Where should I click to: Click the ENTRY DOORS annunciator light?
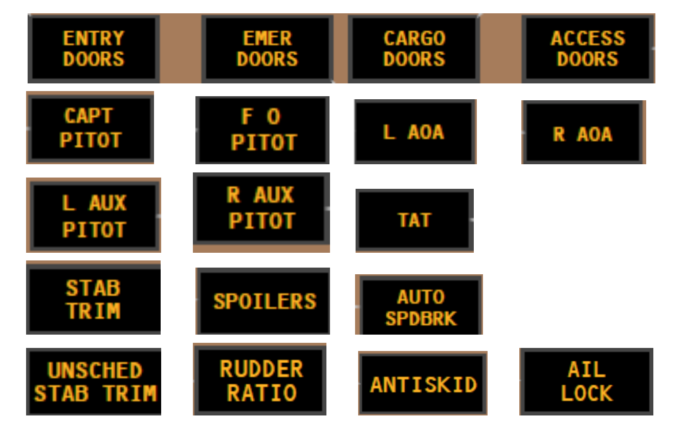tap(94, 49)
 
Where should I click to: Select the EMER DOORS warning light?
tap(267, 49)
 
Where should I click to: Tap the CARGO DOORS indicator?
tap(414, 49)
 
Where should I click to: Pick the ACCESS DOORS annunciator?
tap(587, 49)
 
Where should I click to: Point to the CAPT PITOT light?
tap(90, 128)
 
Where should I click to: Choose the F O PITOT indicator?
tap(262, 130)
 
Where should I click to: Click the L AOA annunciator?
tap(414, 132)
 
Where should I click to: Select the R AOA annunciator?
tap(583, 134)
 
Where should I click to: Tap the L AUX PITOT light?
tap(94, 216)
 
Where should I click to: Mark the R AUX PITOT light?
tap(261, 208)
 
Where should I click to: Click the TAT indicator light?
tap(414, 221)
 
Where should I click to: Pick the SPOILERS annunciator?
tap(264, 301)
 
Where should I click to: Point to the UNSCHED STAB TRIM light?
tap(95, 382)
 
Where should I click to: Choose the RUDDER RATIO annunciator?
tap(261, 380)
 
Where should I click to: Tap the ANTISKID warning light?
tap(423, 384)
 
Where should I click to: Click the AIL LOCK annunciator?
tap(586, 382)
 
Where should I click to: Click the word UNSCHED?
tap(95, 370)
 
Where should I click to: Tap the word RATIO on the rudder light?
tap(261, 393)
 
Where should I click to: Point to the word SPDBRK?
tap(421, 319)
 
